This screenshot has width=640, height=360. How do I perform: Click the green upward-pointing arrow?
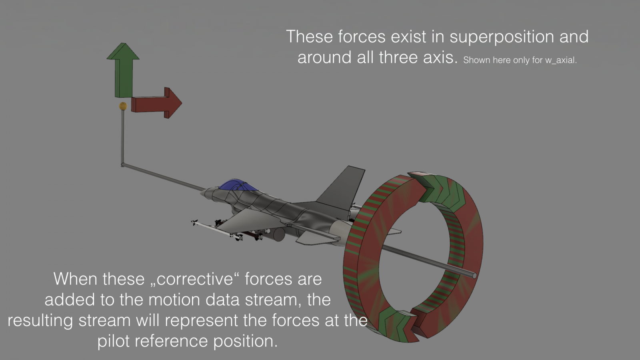pyautogui.click(x=124, y=70)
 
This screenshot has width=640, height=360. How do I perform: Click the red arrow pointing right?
pyautogui.click(x=156, y=103)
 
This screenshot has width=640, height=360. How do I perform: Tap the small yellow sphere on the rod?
pyautogui.click(x=123, y=106)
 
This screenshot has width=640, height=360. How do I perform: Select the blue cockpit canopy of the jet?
pyautogui.click(x=238, y=186)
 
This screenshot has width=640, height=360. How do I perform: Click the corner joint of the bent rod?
pyautogui.click(x=122, y=164)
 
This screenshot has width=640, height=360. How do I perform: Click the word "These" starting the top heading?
pyautogui.click(x=310, y=36)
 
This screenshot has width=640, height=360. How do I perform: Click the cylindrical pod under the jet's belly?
pyautogui.click(x=278, y=234)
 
